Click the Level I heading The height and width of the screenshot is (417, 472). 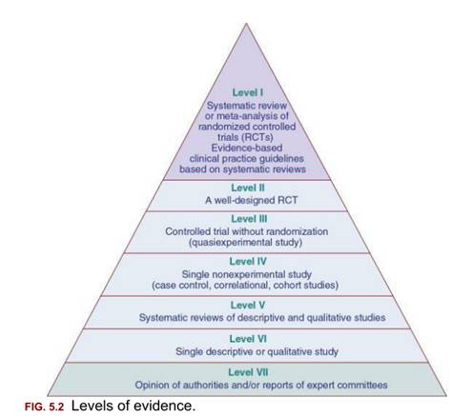[248, 92]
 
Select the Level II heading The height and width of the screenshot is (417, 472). [248, 188]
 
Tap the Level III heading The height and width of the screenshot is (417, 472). [249, 219]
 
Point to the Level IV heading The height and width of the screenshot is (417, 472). [248, 262]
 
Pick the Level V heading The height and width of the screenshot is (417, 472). [248, 305]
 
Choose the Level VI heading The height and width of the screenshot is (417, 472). [248, 339]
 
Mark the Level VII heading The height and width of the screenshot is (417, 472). [248, 372]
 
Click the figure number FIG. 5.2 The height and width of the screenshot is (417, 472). [44, 407]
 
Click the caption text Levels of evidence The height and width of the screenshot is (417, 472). [133, 406]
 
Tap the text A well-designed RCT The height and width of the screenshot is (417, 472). [251, 200]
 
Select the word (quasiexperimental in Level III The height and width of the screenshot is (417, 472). [224, 243]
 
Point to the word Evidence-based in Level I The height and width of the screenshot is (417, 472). [247, 148]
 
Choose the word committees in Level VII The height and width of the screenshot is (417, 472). [362, 385]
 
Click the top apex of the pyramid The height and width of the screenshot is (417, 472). [246, 23]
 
